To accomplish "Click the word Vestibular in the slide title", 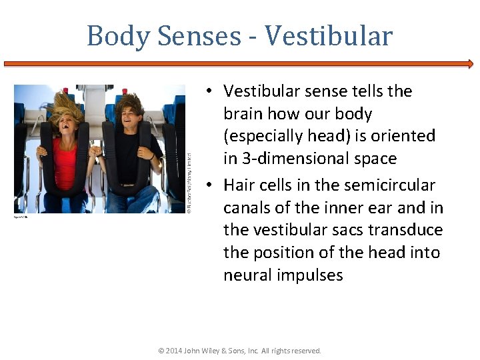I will [329, 36].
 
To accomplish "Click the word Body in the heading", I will [117, 36].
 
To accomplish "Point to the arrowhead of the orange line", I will [470, 64].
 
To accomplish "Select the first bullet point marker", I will [209, 91].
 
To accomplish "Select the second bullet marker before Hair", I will [209, 185].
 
